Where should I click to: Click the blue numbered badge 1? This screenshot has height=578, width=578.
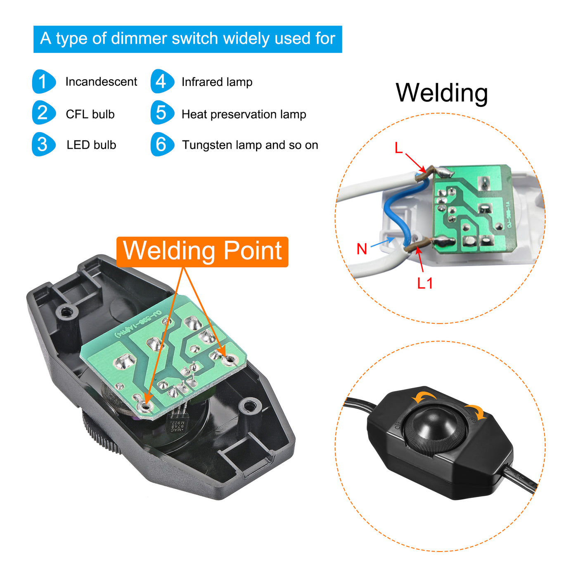click(x=43, y=81)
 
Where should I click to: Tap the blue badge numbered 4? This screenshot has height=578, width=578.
click(x=162, y=81)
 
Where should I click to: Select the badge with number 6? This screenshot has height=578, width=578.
click(x=162, y=144)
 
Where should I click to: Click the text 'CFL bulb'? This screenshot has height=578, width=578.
click(x=90, y=114)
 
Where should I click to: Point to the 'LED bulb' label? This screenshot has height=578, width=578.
click(x=91, y=145)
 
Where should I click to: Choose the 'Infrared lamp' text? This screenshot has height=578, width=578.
click(x=217, y=82)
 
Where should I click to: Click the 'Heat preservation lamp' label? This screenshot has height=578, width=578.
click(x=244, y=114)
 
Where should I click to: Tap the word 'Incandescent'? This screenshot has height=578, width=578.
click(x=101, y=82)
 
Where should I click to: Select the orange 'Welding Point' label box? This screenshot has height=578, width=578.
click(x=202, y=251)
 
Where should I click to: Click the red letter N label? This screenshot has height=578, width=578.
click(x=362, y=249)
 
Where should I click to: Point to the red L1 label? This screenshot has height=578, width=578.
click(x=425, y=283)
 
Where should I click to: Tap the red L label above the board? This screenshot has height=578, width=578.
click(x=398, y=148)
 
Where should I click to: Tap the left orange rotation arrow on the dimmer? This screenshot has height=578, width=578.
click(x=424, y=397)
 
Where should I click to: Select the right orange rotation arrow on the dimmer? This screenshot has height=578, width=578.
click(x=475, y=412)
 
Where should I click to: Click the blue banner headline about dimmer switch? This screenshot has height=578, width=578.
click(x=187, y=39)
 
